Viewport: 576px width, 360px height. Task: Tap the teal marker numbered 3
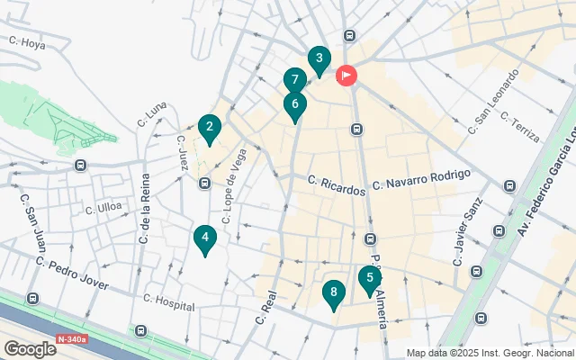(318, 60)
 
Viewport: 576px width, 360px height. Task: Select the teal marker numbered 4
(205, 239)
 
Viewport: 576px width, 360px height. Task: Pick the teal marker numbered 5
(369, 279)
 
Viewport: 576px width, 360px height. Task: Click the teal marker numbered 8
(334, 293)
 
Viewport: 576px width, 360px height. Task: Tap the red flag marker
(346, 76)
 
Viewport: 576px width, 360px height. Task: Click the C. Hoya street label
(26, 41)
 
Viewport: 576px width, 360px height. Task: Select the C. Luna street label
(153, 114)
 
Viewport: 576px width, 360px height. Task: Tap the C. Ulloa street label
(103, 208)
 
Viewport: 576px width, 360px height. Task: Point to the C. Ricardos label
(337, 183)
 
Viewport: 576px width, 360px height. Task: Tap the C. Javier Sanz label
(469, 237)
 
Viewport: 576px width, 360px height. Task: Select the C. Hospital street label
(169, 302)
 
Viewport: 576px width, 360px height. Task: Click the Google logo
(30, 348)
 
